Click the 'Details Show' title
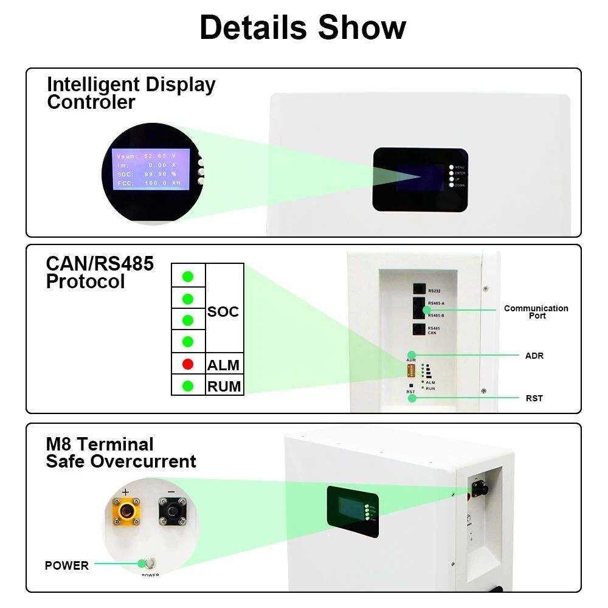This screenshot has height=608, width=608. point(303,27)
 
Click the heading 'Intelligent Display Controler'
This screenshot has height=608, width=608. point(131,93)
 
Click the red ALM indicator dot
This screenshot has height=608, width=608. point(188,364)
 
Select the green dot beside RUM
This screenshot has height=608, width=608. point(188,385)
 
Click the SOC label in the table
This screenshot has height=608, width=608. point(223,312)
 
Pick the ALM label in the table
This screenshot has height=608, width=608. point(223,365)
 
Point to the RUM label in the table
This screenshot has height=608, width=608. point(224,387)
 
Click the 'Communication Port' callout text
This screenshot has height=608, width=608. point(536,312)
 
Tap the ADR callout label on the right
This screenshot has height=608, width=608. point(534,356)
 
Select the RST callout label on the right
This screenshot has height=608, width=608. point(534,398)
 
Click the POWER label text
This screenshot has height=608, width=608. point(67,565)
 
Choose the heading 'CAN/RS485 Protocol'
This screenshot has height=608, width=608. point(100,272)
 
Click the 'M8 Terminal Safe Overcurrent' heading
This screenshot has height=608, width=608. point(121,453)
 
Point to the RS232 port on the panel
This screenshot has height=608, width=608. point(419,290)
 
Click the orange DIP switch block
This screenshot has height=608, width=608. point(412,370)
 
